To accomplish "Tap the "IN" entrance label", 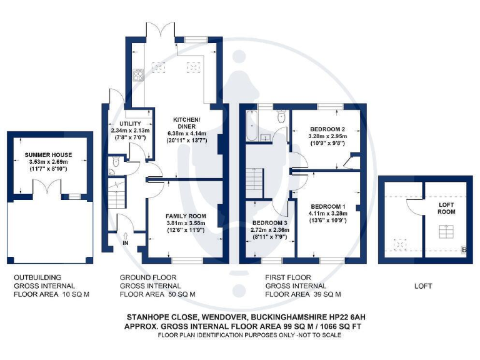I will (125, 242).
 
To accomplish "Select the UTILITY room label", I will (130, 124).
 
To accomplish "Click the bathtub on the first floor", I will (251, 126).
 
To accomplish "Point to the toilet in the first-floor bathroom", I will (281, 117).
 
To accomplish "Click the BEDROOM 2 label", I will (326, 129).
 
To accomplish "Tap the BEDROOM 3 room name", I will (270, 223).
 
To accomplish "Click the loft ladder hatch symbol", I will (446, 232).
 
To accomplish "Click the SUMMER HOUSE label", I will (48, 154).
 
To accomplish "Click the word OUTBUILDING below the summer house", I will (37, 277).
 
